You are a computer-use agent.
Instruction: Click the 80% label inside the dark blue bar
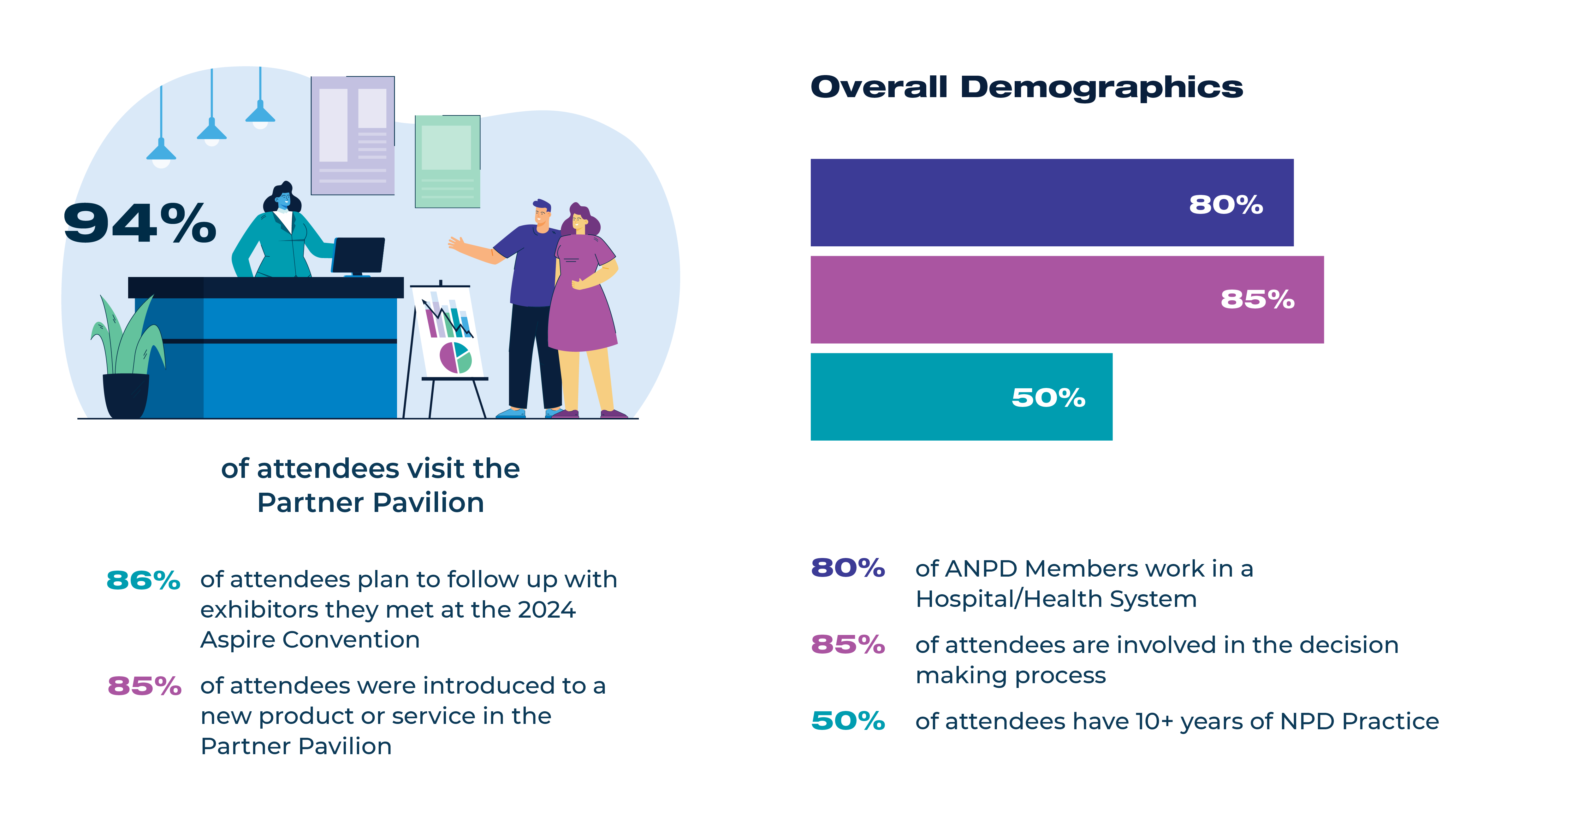(x=1226, y=204)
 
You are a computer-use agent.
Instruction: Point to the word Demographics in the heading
(x=1101, y=87)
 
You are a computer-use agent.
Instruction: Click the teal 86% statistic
(x=143, y=580)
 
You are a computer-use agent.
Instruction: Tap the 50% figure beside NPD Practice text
(x=848, y=721)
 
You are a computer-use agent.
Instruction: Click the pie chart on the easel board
(x=455, y=358)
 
